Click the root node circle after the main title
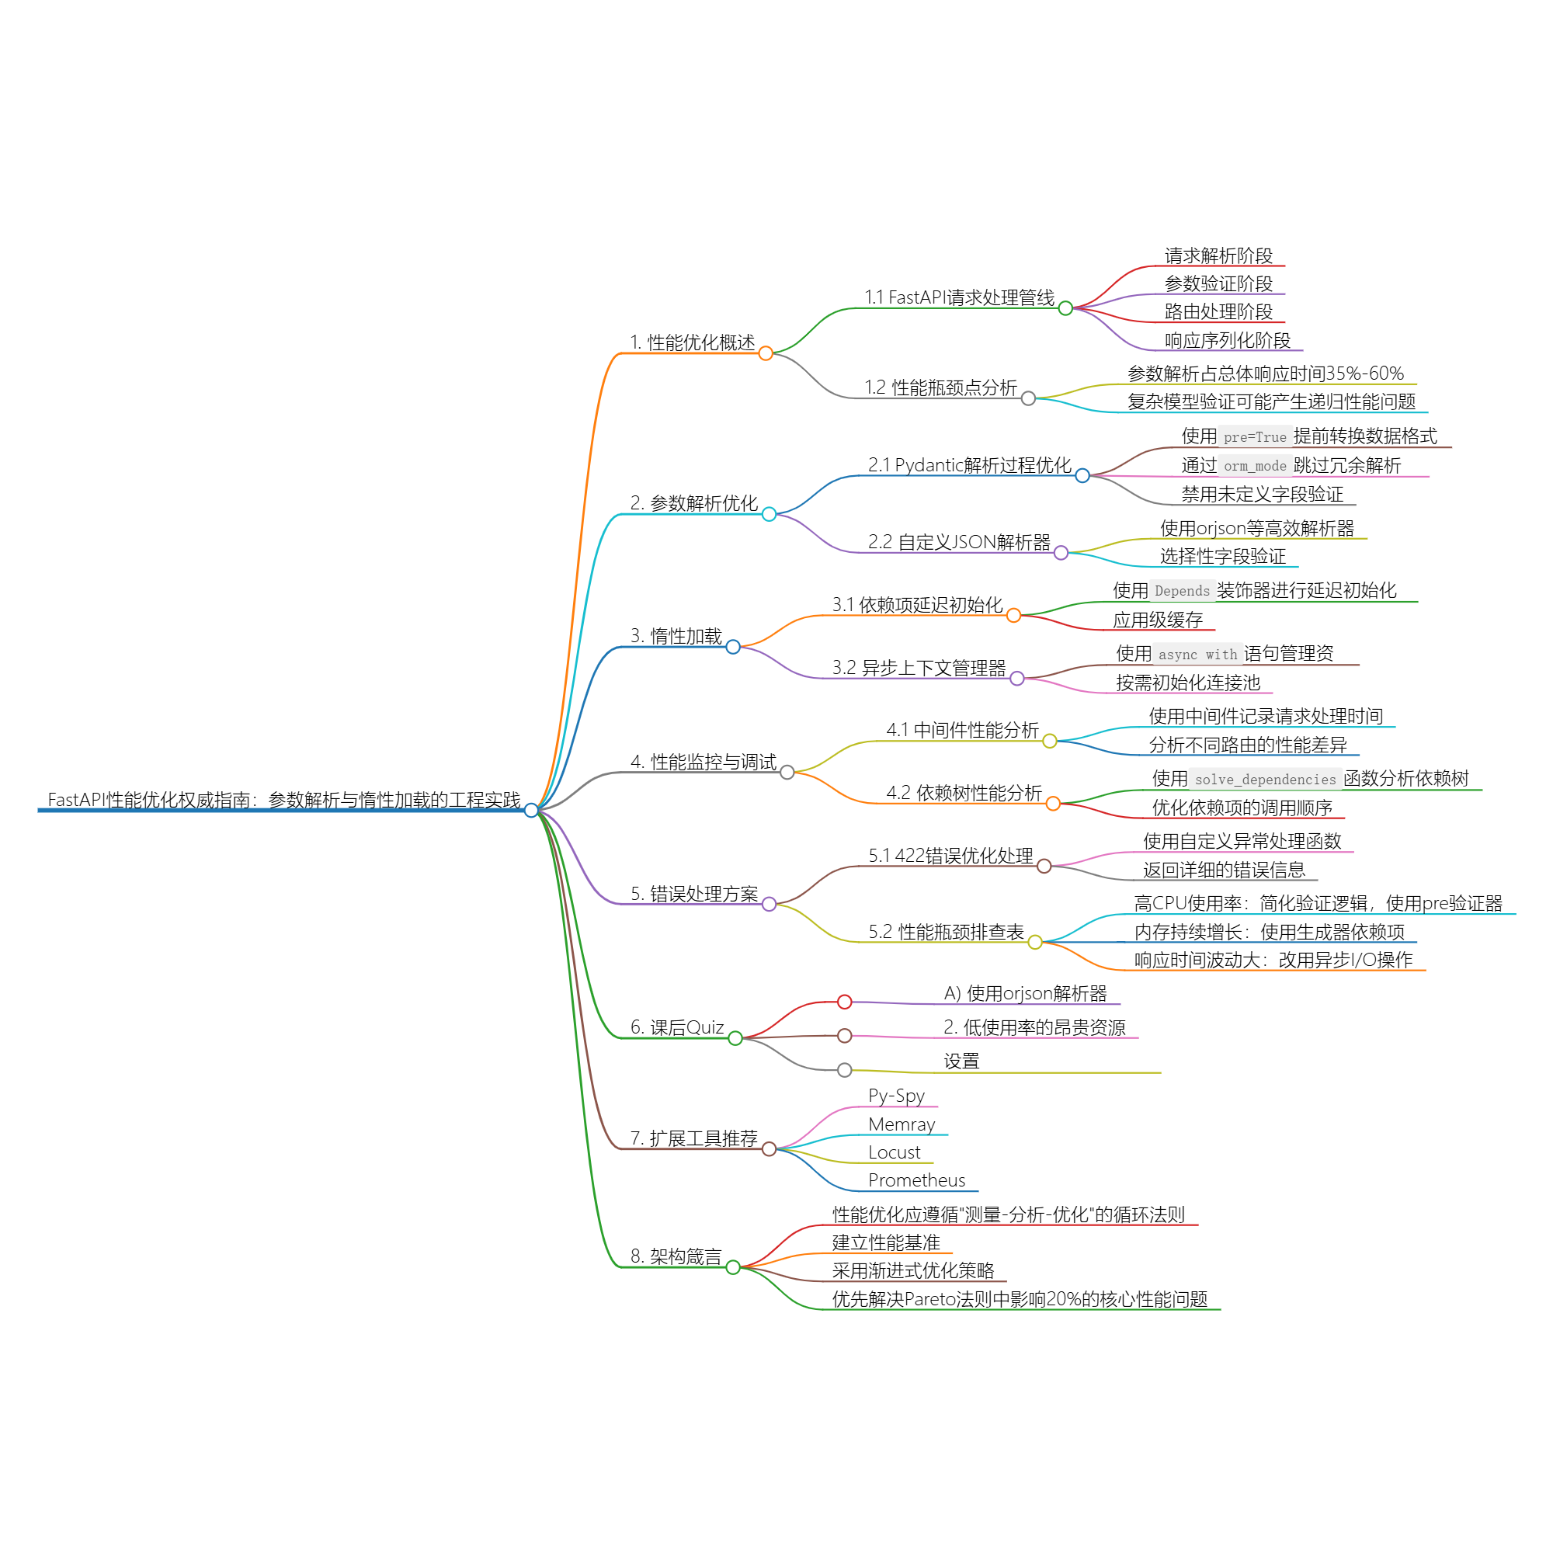531,810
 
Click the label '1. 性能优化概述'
692,343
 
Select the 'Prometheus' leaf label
916,1180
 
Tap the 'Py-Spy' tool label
896,1096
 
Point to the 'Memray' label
901,1124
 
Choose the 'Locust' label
894,1152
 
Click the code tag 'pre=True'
1255,437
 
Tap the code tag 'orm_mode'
1255,466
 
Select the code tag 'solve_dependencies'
1265,780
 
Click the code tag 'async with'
1197,655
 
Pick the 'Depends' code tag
1182,592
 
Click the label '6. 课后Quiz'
677,1027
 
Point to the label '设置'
961,1061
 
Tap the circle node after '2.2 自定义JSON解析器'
1061,553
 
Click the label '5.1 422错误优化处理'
951,856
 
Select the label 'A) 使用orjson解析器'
1025,994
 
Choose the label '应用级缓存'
1158,620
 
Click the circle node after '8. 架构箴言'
733,1268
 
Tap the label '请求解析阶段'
1218,256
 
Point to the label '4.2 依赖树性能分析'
964,794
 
